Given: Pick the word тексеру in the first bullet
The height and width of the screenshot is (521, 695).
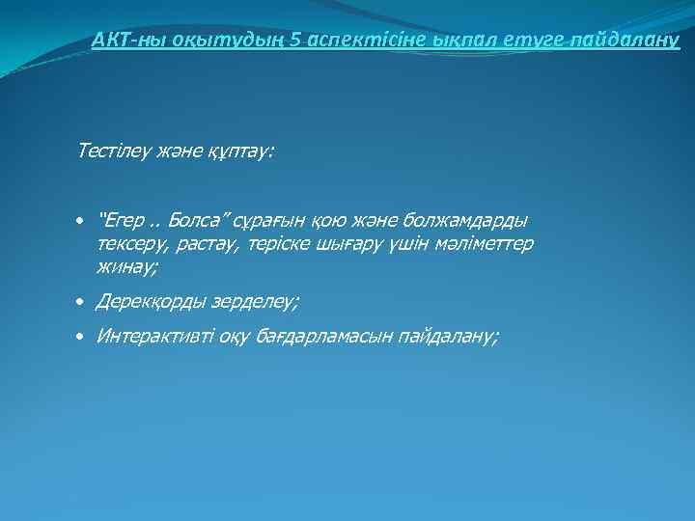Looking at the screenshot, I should coord(130,243).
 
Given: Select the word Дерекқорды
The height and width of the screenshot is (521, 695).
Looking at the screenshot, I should coord(154,302).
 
